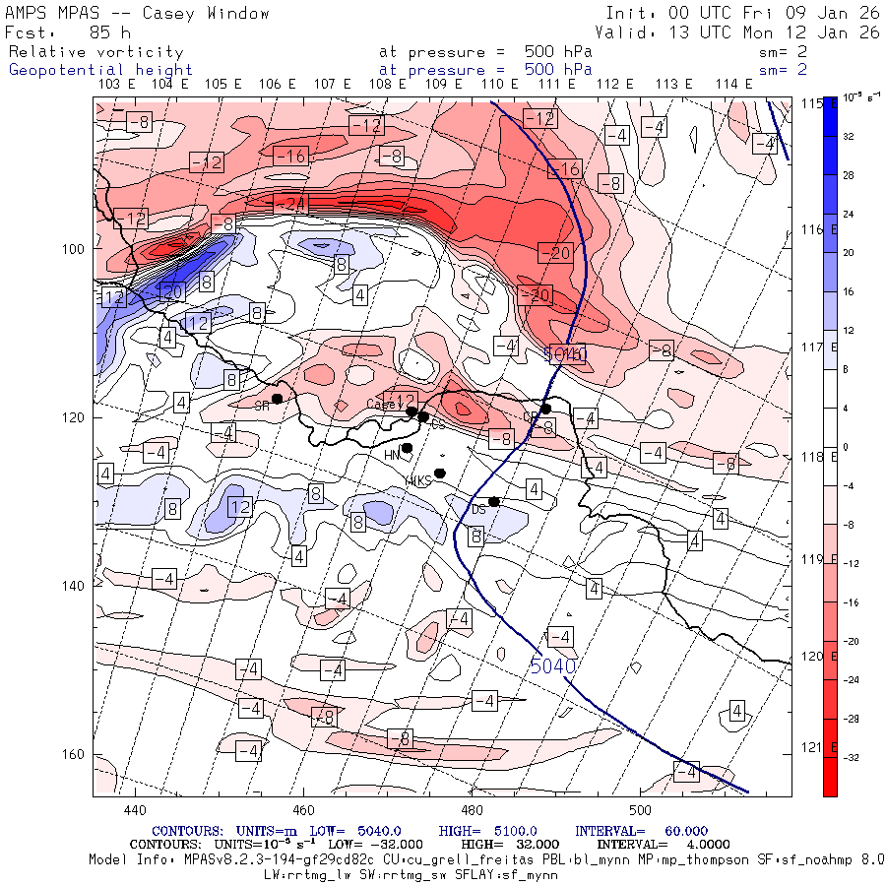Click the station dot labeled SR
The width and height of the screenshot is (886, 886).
coord(278,399)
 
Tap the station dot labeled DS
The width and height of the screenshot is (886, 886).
coord(494,502)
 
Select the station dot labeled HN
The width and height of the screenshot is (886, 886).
coord(407,448)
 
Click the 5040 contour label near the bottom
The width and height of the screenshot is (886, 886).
coord(552,666)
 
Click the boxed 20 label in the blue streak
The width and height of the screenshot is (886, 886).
coord(173,291)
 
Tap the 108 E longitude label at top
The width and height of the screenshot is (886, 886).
coord(388,85)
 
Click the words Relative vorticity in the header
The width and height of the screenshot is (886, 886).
coord(96,52)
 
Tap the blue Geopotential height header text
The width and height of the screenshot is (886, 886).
coord(101,70)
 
